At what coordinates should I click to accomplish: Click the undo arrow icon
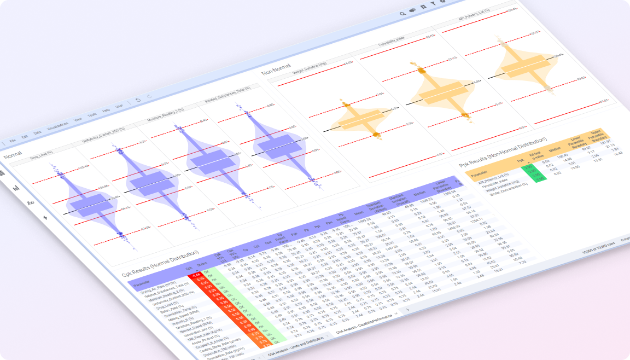[x=138, y=100]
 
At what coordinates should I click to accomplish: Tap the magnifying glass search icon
[x=402, y=14]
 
